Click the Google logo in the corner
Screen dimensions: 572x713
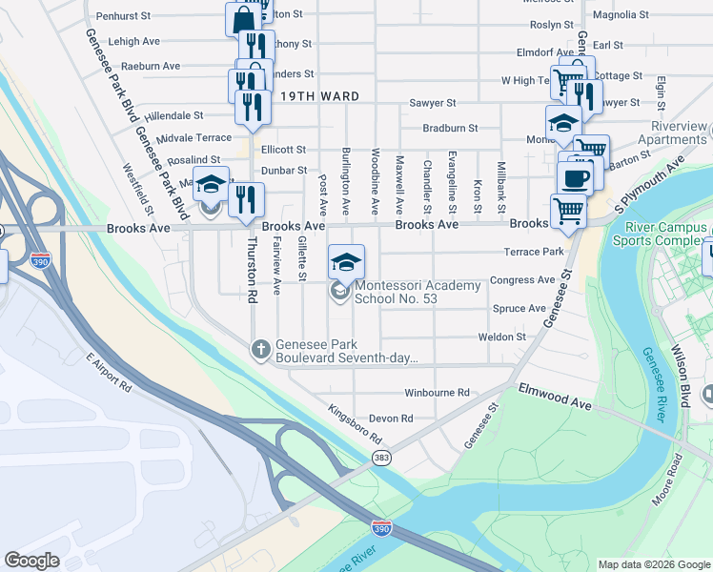click(x=31, y=561)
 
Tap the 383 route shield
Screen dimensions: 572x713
click(x=382, y=459)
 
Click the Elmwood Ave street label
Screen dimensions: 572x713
click(x=555, y=397)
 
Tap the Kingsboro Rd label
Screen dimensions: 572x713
click(x=355, y=425)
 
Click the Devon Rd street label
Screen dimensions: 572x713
click(x=391, y=419)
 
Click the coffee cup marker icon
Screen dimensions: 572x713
click(x=575, y=177)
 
